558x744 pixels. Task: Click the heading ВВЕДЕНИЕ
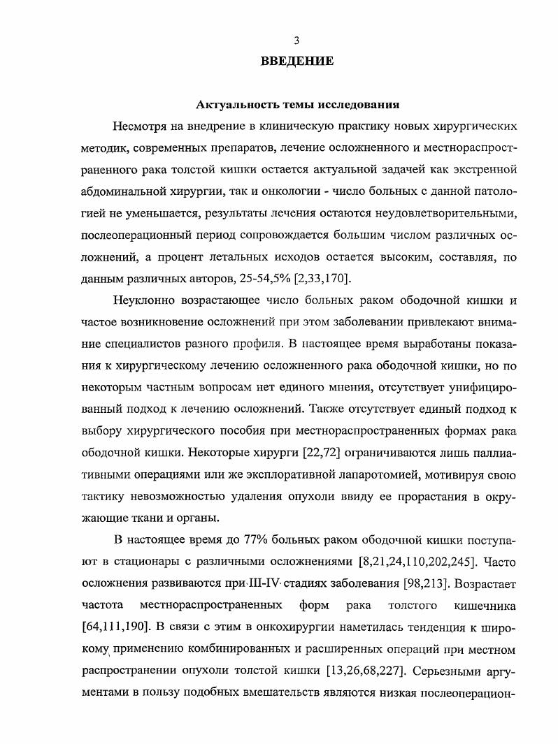coord(296,61)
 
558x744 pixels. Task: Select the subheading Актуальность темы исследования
coord(296,105)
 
